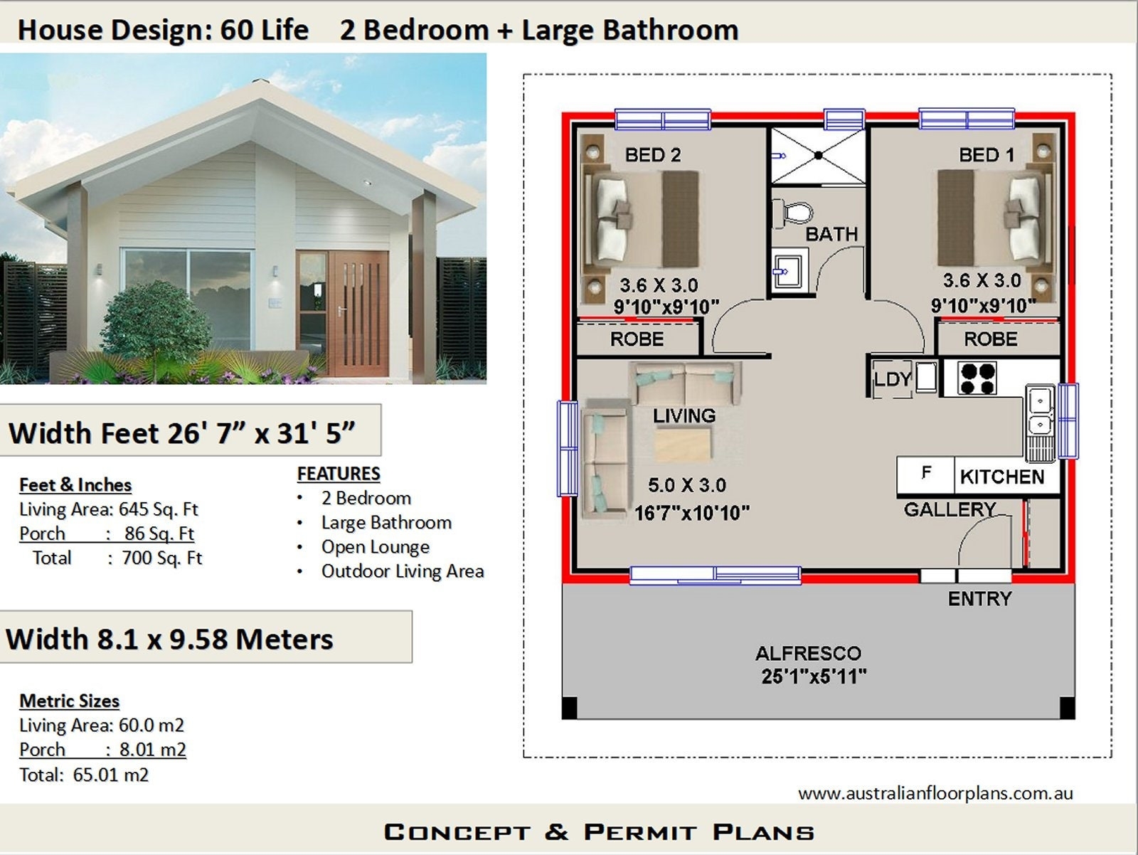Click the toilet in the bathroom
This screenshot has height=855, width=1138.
794,213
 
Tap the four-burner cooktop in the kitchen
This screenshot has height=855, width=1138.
977,378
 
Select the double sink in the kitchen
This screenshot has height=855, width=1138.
1040,413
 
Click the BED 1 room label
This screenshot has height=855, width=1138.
986,155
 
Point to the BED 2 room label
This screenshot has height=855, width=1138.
652,155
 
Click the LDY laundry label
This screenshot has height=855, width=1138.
892,380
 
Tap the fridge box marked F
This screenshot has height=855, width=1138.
926,473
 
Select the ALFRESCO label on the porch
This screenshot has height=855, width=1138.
808,653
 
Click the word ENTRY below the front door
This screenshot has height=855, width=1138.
979,599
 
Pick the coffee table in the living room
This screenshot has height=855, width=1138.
683,447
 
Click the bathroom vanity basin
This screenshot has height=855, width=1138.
787,270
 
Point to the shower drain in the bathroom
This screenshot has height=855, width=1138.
819,155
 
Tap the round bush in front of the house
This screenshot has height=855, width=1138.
156,320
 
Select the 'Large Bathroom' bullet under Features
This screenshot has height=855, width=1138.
386,523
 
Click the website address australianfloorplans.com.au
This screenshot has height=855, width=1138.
935,793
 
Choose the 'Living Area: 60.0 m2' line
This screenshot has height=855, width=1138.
102,726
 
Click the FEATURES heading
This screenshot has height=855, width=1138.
339,474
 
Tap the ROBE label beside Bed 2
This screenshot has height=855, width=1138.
637,339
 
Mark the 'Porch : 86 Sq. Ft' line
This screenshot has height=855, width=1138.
107,533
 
